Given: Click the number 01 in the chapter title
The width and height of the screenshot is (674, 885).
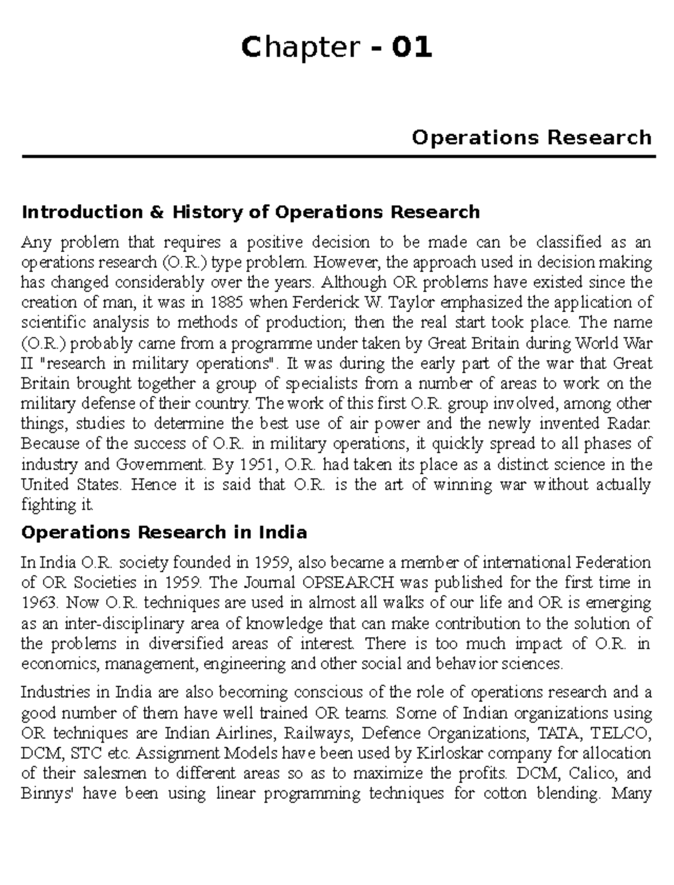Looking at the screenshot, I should click(413, 47).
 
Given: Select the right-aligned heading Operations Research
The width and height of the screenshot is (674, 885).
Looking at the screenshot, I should click(531, 138).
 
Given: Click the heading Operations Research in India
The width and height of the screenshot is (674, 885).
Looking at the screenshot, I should click(164, 532).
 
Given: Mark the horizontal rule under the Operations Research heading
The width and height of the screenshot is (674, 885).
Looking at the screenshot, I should click(339, 157).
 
